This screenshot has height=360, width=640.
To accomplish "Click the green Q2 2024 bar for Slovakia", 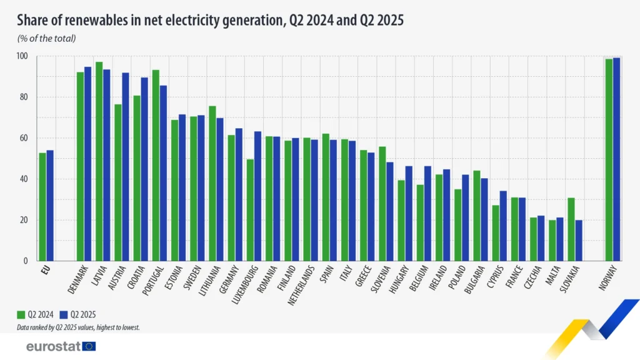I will pos(571,229).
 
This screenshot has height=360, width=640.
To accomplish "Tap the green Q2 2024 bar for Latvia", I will pos(99,161).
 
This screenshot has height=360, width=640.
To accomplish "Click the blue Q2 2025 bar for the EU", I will pos(50,206).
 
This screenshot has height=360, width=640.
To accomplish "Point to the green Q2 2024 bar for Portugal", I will pos(156,166).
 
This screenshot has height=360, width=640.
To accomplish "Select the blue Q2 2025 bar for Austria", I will pos(125,167).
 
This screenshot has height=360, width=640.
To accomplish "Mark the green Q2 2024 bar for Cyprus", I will pos(495,233).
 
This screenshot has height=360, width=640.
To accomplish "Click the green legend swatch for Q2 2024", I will pos(21,314).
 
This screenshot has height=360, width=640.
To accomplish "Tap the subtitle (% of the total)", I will pos(46,39).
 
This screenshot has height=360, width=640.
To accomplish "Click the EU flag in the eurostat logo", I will pos(89,346).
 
